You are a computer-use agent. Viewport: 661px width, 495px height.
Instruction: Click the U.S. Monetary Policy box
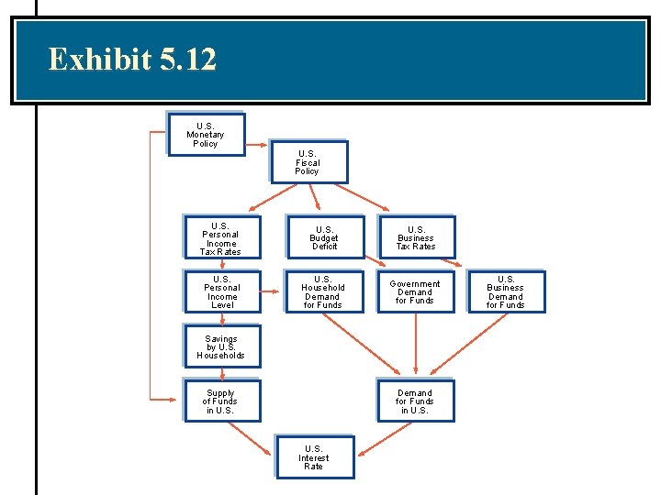point(206,135)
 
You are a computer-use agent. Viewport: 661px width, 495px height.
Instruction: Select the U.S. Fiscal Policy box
point(308,162)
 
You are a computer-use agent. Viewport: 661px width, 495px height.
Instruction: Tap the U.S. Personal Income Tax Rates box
point(221,238)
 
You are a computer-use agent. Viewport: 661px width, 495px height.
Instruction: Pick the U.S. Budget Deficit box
point(325,238)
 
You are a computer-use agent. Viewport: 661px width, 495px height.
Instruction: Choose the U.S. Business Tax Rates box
point(416,238)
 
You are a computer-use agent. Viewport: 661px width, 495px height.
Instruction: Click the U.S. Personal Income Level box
point(222,291)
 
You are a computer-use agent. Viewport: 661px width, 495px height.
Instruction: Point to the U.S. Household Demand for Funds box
point(323,291)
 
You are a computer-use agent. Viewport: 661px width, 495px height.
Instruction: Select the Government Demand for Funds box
point(415,291)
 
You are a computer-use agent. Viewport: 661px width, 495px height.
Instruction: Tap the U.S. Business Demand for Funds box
point(506,291)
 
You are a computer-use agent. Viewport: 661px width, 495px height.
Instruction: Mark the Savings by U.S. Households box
point(221,346)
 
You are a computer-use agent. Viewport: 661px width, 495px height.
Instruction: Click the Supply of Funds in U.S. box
point(221,401)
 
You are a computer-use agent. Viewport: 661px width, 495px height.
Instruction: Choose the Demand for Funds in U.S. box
point(415,401)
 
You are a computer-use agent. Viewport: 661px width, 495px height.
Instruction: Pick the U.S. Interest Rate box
point(314,457)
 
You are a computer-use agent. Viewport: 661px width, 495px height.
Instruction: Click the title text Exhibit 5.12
point(132,60)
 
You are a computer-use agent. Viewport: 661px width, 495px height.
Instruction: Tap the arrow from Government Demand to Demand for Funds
point(416,345)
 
